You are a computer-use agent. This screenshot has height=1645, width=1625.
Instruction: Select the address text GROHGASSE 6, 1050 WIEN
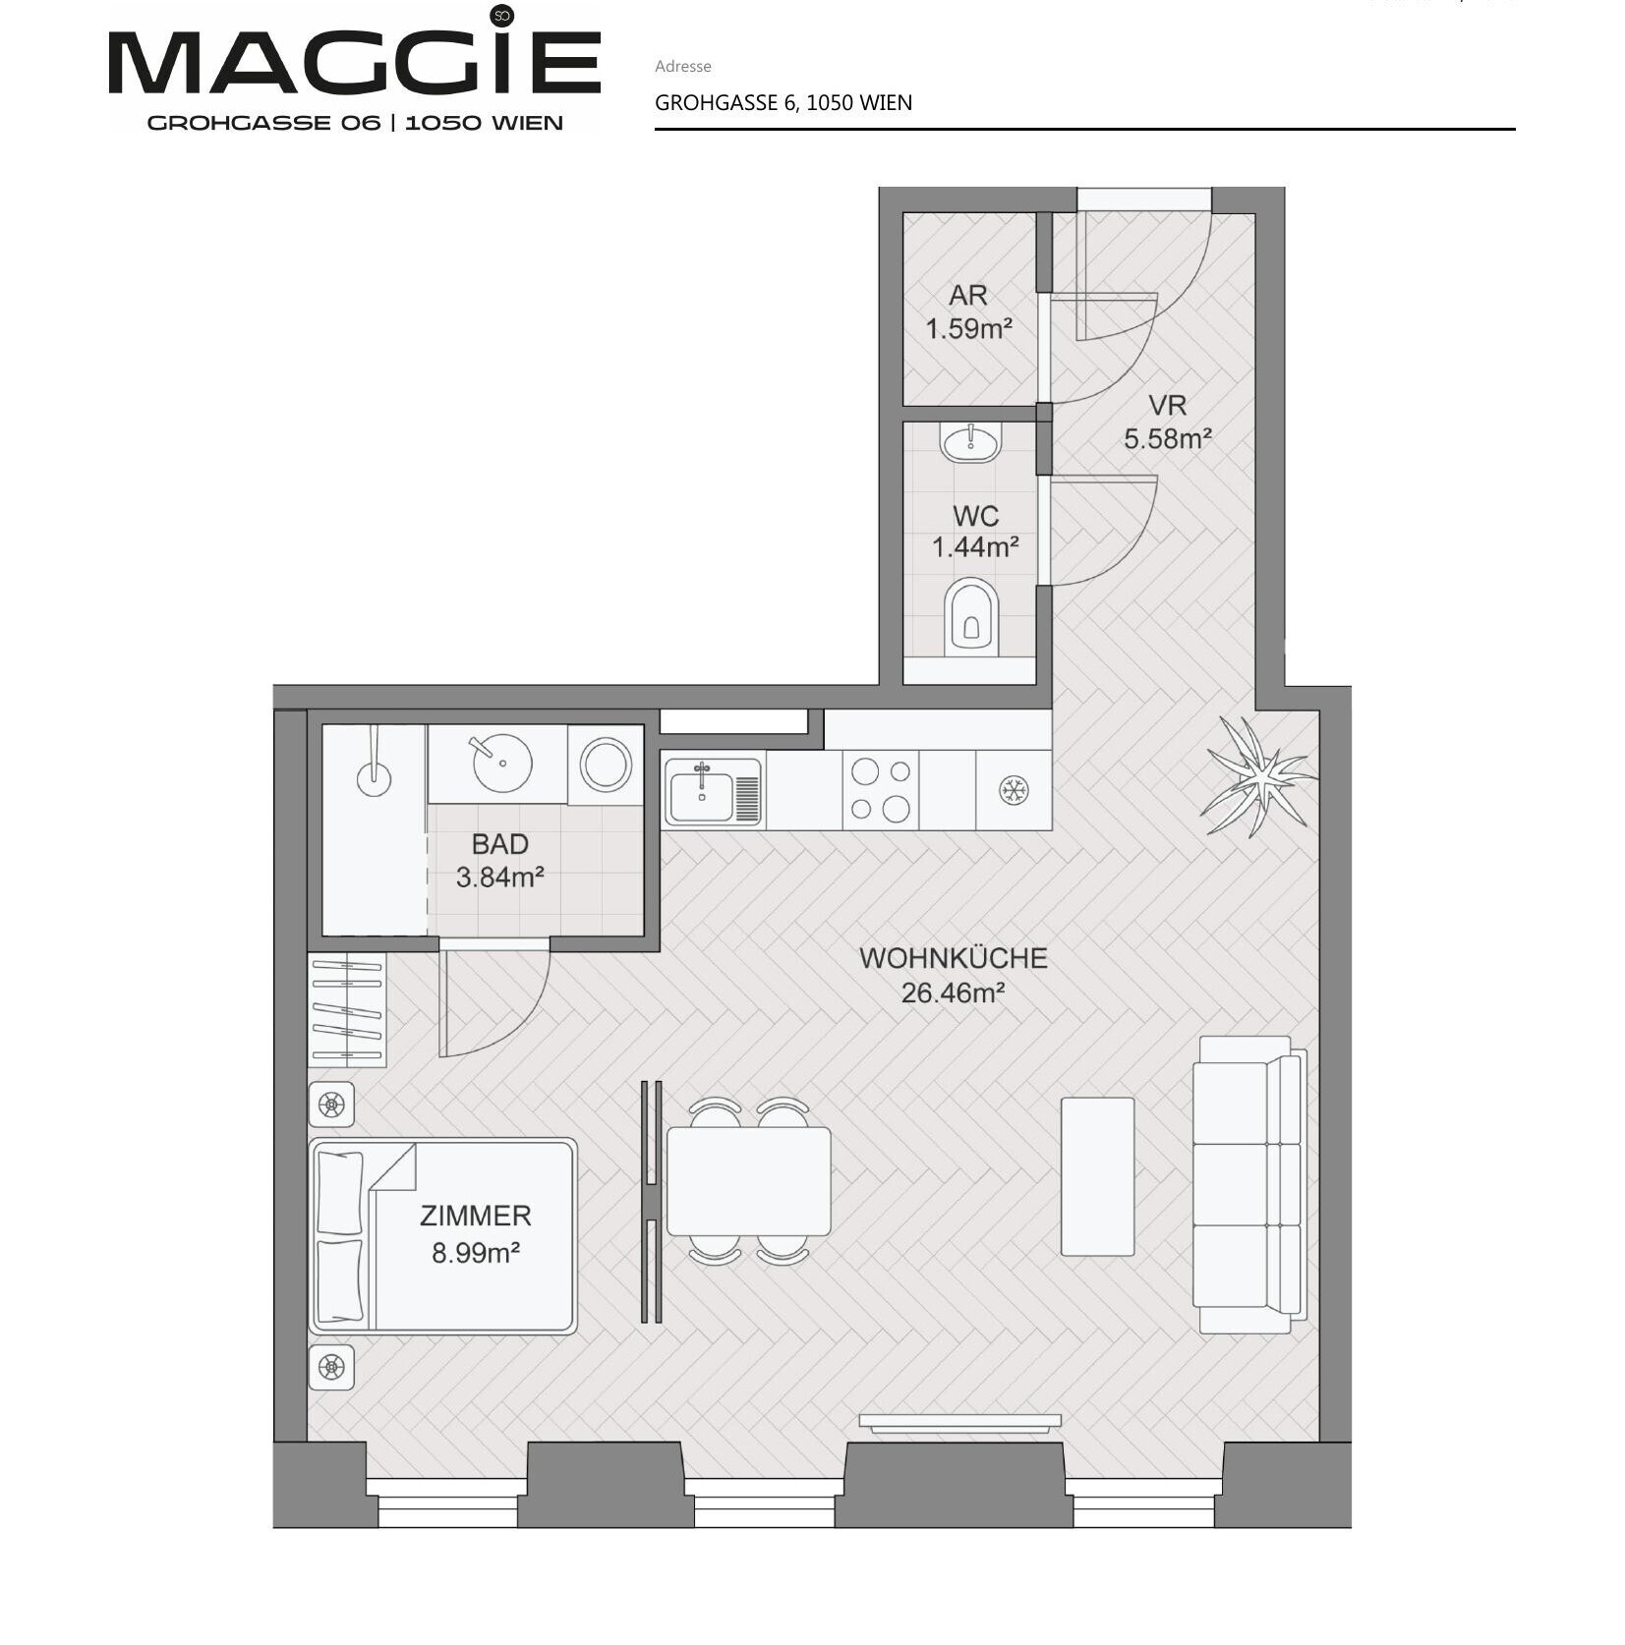783,103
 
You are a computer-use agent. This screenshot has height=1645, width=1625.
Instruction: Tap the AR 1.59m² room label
968,312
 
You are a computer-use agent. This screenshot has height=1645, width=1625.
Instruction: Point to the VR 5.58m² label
1168,422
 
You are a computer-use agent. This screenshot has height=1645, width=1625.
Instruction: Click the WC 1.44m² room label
975,532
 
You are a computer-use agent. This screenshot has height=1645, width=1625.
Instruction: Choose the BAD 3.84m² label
500,860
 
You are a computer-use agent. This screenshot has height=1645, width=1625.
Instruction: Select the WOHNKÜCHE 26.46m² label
954,975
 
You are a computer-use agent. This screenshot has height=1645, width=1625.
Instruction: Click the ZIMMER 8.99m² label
476,1233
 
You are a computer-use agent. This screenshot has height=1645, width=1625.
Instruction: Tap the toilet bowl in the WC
971,617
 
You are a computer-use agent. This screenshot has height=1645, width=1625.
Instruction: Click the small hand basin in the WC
970,442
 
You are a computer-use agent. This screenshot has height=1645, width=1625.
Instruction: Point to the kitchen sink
714,791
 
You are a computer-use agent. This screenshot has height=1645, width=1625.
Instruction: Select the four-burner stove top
881,791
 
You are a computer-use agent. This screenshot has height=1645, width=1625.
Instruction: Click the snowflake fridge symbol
1014,790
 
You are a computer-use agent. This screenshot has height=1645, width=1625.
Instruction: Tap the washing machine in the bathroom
606,765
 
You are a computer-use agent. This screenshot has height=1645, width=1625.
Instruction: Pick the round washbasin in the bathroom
502,763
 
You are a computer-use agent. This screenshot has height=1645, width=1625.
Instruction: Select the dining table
749,1181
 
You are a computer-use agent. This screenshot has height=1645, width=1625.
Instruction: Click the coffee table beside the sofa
1098,1176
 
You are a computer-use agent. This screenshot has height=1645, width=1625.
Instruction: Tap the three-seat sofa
1249,1184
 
